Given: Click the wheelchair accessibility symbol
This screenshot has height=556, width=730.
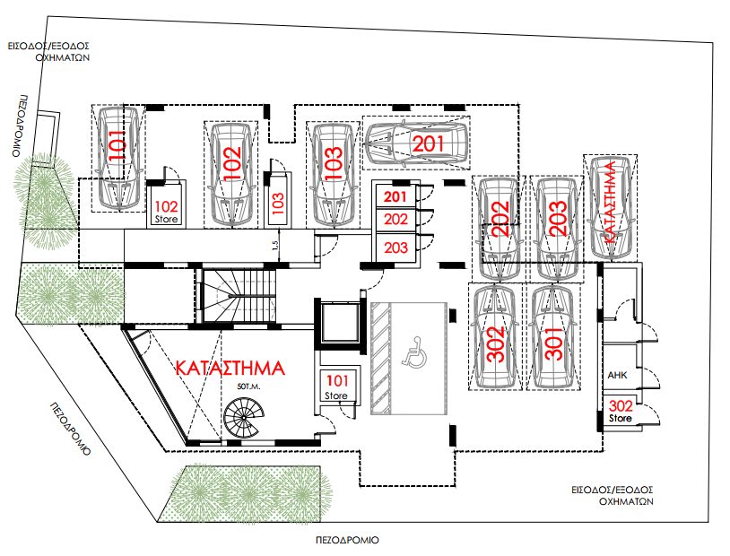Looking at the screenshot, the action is [414, 357].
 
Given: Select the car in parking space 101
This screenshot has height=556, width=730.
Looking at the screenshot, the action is [117, 158].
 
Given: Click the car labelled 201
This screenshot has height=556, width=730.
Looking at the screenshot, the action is [416, 143].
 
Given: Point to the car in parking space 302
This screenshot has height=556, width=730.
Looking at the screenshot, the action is [494, 336].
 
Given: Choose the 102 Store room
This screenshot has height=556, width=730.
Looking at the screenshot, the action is [167, 204].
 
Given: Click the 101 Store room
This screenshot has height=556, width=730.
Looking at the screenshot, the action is [336, 386].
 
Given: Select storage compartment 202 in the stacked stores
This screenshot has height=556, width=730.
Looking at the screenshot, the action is [395, 220].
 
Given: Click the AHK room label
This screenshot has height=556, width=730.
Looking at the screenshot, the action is [617, 376].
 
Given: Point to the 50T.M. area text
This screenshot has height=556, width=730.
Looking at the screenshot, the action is [248, 387].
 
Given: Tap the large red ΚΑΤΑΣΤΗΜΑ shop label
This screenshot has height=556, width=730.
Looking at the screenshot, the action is [230, 368].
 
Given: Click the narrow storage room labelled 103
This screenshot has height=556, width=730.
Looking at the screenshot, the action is [278, 201].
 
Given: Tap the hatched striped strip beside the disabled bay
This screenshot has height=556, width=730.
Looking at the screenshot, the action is [381, 358].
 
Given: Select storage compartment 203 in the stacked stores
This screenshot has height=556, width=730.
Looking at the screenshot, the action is [395, 248].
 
